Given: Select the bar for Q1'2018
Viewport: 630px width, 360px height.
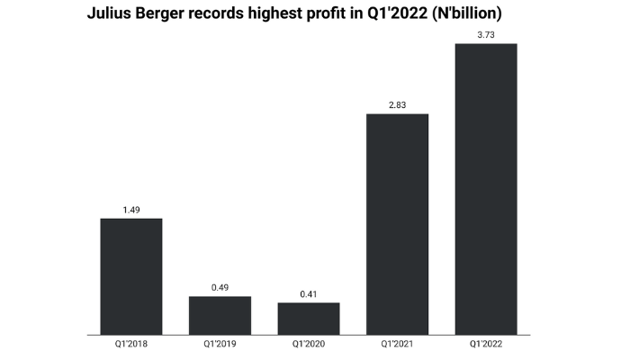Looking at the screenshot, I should tap(130, 276).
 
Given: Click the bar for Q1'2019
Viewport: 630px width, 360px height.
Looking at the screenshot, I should tap(220, 315).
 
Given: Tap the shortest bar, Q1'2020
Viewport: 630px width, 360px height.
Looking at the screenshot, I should tap(309, 319).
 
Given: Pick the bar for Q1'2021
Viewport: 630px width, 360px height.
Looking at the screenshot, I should tap(397, 224).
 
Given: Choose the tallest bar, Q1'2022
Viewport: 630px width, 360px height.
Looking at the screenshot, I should tap(486, 189).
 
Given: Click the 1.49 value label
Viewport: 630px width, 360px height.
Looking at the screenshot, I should tap(130, 211).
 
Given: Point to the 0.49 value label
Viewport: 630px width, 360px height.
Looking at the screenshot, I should tap(220, 289).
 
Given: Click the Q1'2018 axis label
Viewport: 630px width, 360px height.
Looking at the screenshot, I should tap(130, 345).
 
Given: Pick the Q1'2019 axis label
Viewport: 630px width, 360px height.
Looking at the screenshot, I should tap(220, 345).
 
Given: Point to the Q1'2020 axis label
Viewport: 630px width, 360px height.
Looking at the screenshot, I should tap(309, 345).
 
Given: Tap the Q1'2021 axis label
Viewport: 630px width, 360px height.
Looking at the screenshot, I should tap(397, 345).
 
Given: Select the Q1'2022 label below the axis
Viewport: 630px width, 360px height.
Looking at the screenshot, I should tap(486, 345).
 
